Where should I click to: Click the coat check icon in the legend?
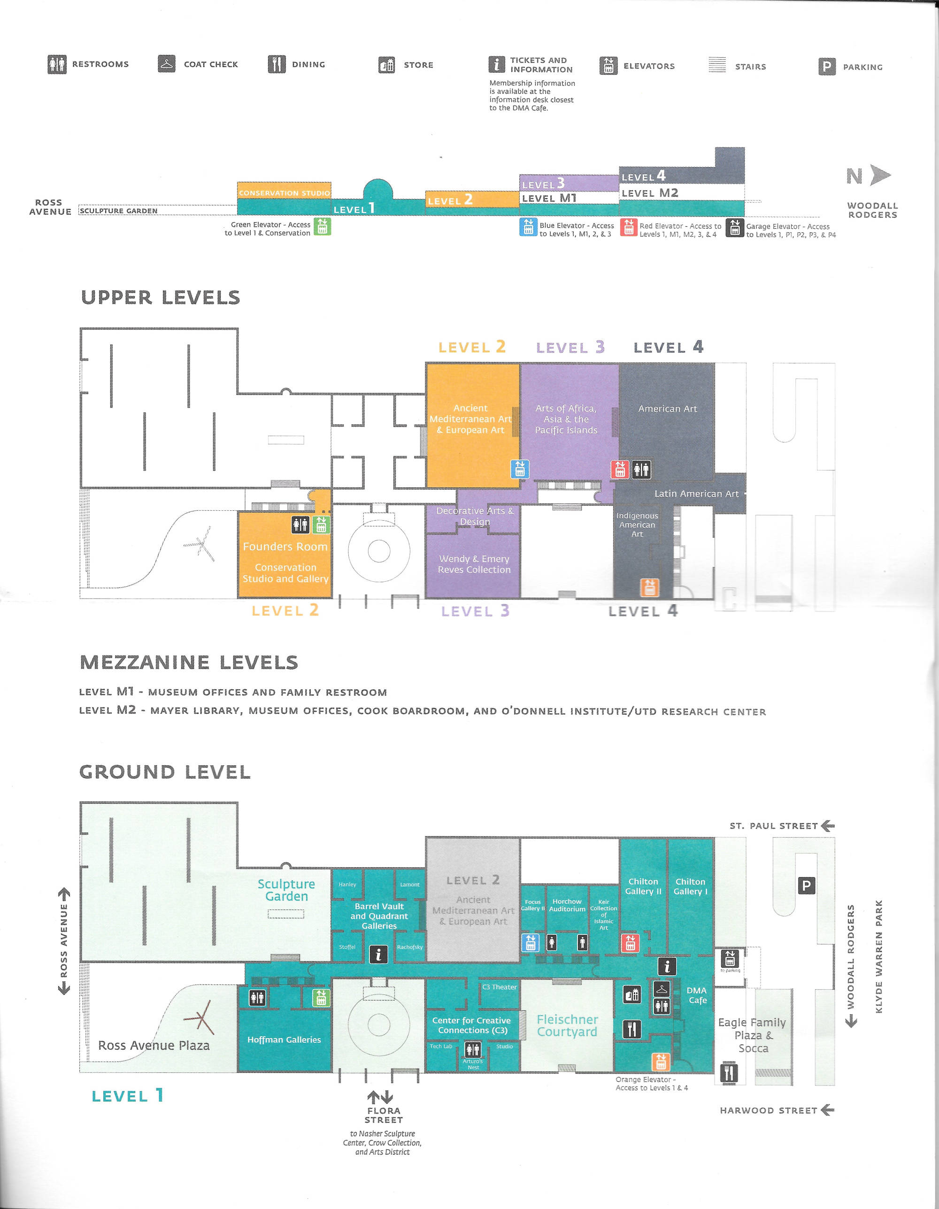coord(167,64)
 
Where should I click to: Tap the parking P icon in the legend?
coord(827,66)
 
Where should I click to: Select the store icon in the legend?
coord(386,65)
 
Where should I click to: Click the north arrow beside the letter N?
coord(880,175)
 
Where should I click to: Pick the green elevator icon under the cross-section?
coord(322,226)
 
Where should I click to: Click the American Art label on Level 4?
coord(667,408)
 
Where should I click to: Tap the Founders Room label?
coord(285,547)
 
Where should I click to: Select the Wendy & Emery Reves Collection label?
coord(474,564)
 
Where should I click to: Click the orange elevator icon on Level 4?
coord(649,587)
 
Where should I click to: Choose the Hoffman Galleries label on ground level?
coord(284,1040)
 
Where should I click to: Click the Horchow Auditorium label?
coord(567,905)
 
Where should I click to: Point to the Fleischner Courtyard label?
coord(568,1025)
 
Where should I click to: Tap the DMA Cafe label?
coord(697,995)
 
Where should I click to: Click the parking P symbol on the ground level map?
coord(806,886)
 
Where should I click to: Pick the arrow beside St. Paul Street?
coord(828,826)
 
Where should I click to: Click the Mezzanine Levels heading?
coord(189,662)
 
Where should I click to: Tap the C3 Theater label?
coord(500,987)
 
